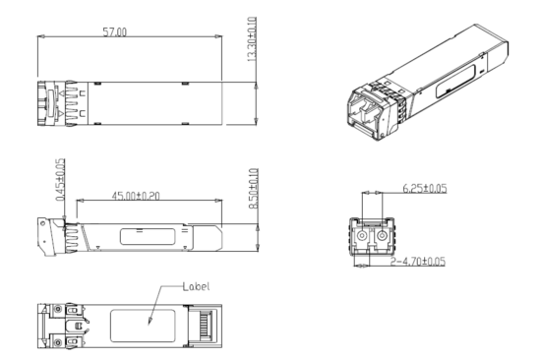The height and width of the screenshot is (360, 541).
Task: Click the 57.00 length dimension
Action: coord(115,32)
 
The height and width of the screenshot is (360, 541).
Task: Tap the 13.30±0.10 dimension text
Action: coord(252,39)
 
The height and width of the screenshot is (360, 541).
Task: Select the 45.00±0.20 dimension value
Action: coord(136,196)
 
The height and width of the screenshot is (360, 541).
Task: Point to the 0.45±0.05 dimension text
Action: coord(60,179)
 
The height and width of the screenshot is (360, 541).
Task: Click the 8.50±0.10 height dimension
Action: coord(254,189)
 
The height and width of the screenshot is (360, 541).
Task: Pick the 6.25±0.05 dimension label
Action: coord(425,189)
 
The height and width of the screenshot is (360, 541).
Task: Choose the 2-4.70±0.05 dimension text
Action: coord(417,262)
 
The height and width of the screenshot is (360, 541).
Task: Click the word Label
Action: coord(196,286)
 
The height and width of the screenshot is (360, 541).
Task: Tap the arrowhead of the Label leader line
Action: coord(150,322)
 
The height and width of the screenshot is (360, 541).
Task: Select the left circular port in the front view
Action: coord(362,236)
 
